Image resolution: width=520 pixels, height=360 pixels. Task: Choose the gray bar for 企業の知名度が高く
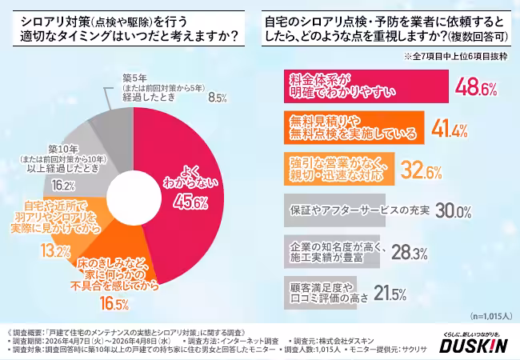pyautogui.click(x=332, y=252)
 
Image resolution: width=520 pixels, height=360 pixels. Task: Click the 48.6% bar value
pyautogui.click(x=478, y=86)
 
